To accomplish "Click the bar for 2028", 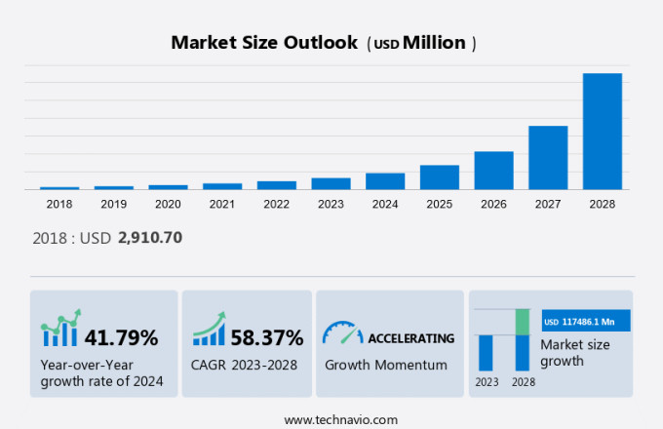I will pyautogui.click(x=602, y=131).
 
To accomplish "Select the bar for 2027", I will pyautogui.click(x=548, y=157).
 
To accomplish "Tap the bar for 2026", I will pyautogui.click(x=493, y=170).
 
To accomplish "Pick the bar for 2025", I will pyautogui.click(x=440, y=176).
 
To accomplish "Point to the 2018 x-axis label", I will pyautogui.click(x=59, y=204).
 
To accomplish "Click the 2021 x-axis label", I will pyautogui.click(x=222, y=204).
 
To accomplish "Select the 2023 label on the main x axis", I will pyautogui.click(x=331, y=204).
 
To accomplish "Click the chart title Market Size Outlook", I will pyautogui.click(x=263, y=43).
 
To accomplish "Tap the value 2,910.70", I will pyautogui.click(x=150, y=237).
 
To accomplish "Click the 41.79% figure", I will pyautogui.click(x=121, y=338).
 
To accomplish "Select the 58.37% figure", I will pyautogui.click(x=266, y=338).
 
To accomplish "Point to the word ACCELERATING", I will pyautogui.click(x=410, y=338).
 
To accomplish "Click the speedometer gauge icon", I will pyautogui.click(x=342, y=333).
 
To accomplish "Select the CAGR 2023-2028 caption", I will pyautogui.click(x=244, y=365).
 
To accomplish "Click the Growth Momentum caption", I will pyautogui.click(x=385, y=365).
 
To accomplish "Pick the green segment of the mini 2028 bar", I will pyautogui.click(x=523, y=321).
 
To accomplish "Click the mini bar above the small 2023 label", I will pyautogui.click(x=486, y=352).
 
